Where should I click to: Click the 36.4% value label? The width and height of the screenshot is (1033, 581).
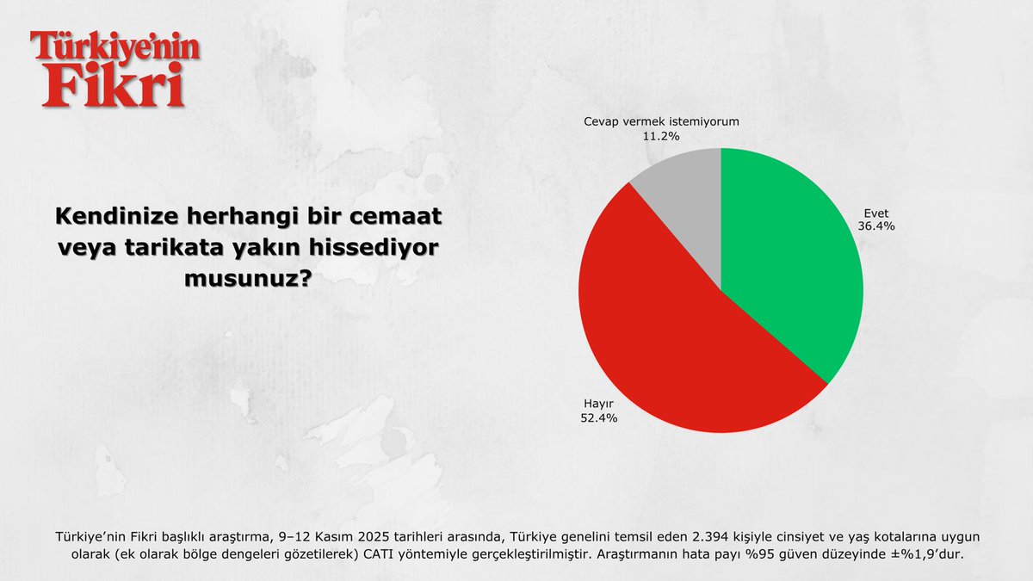point(876,226)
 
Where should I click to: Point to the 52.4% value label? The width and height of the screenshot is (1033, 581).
point(598,417)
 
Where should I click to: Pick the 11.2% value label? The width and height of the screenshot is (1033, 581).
point(661,136)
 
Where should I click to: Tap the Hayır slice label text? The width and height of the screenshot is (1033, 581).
point(597,403)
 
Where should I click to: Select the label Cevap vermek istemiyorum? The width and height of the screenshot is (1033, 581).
point(661,121)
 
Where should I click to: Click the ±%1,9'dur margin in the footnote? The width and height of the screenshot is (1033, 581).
point(931,554)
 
